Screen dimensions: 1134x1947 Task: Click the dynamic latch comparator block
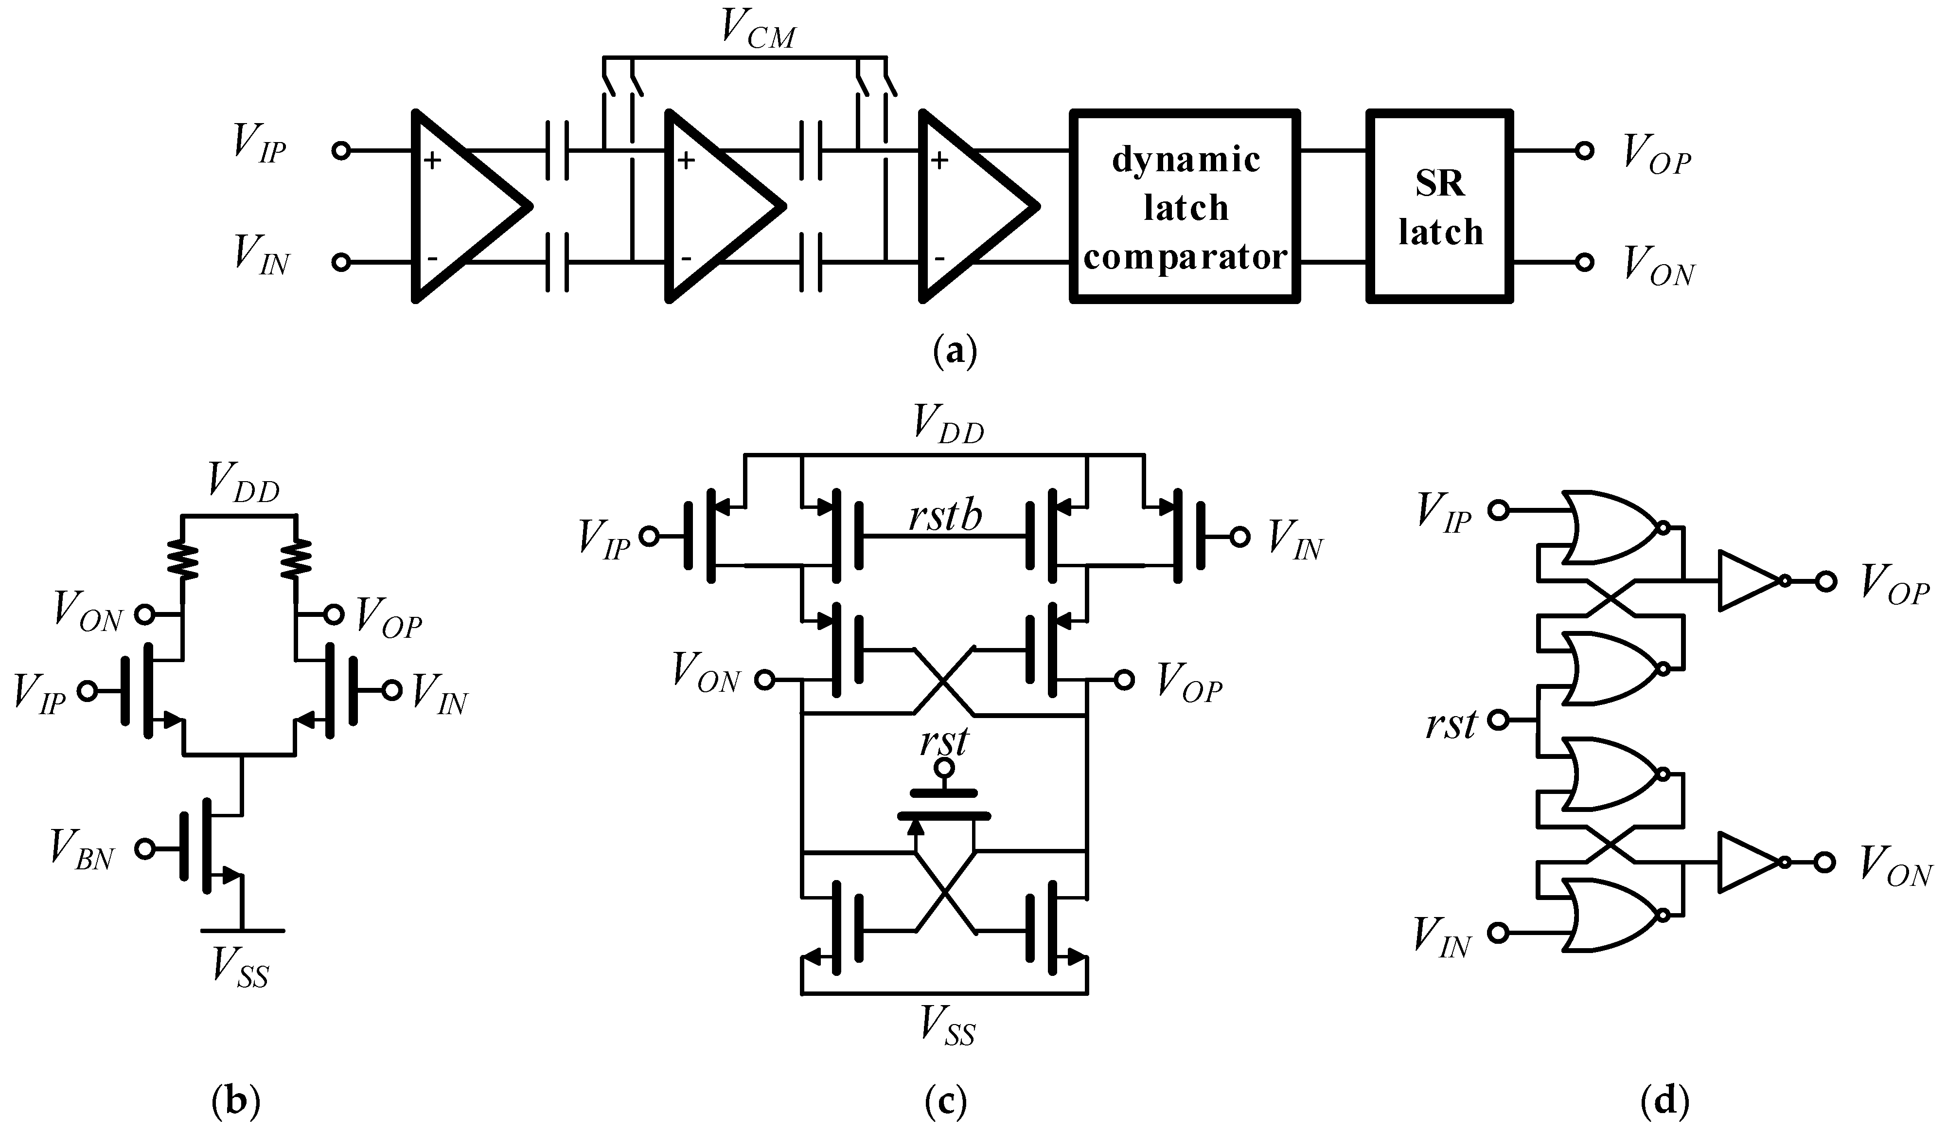[1185, 206]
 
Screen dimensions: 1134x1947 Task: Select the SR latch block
[1439, 206]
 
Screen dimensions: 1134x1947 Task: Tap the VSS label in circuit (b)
[242, 967]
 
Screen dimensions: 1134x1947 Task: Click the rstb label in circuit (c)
[944, 516]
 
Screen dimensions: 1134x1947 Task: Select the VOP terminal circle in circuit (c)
[1124, 680]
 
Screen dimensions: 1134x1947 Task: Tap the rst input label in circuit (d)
[1450, 724]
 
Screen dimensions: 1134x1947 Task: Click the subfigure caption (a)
[955, 351]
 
